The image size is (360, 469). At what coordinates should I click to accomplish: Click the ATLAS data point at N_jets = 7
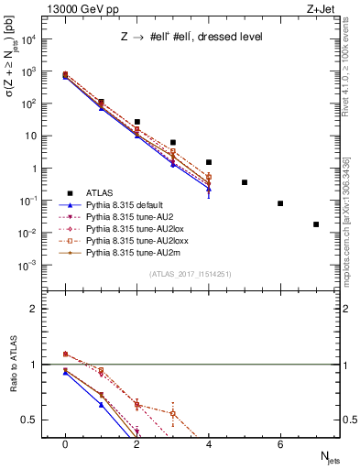(x=316, y=224)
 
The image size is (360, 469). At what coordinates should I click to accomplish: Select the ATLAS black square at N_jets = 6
(x=280, y=203)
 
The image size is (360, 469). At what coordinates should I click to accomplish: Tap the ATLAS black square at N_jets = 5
(x=245, y=182)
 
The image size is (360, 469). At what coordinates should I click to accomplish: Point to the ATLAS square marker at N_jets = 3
(x=173, y=143)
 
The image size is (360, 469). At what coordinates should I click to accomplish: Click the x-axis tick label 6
(x=280, y=444)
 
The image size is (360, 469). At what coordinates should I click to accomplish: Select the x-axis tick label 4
(x=209, y=444)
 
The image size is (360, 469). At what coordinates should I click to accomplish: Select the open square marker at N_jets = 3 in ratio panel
(x=173, y=413)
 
